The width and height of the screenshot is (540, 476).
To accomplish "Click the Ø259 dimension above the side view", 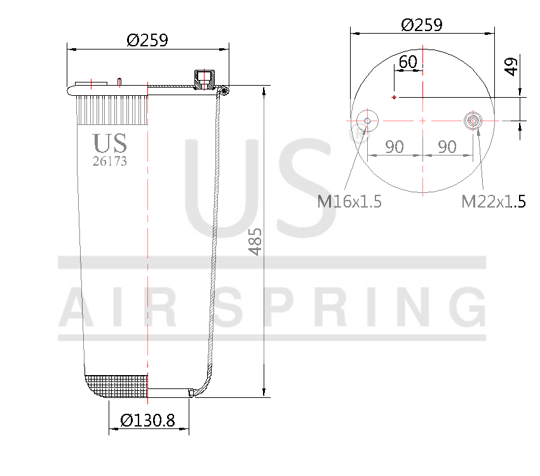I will tap(147, 40).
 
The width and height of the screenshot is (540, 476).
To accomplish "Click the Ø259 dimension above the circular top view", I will tap(421, 25).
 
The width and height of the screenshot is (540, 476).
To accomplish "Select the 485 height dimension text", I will tap(255, 242).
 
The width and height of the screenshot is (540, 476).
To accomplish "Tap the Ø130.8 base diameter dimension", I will tap(147, 420).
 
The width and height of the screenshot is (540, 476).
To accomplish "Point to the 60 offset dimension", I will tap(407, 62).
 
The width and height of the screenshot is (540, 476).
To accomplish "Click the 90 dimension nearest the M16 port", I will tap(394, 147).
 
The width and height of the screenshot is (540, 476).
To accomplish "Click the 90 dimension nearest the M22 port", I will tap(447, 147).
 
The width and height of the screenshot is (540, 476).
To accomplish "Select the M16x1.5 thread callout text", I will tap(349, 202).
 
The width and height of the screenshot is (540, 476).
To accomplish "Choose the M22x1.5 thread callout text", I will tap(493, 202).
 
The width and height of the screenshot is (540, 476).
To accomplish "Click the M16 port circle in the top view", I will tap(367, 120).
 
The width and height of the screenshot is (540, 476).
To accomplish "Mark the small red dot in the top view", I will tap(395, 97).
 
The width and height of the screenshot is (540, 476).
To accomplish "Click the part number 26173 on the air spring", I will tap(109, 161).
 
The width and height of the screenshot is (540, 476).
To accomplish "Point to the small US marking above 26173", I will tap(109, 143).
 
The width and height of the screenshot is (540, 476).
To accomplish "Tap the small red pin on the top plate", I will tap(119, 81).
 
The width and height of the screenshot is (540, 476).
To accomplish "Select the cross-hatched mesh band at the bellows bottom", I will tap(118, 386).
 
